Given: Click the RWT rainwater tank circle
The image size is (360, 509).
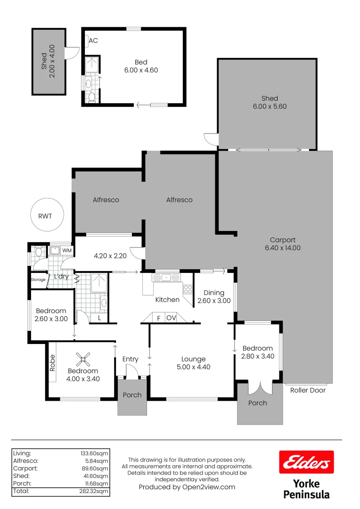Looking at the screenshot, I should [46, 215].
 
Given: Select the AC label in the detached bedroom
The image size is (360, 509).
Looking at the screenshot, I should [93, 41].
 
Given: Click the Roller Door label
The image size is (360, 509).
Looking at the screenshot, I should [308, 390].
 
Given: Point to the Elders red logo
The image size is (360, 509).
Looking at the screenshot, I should [306, 462].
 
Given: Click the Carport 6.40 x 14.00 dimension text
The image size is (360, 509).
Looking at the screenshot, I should [283, 244].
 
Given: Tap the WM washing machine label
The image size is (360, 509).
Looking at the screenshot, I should [66, 250].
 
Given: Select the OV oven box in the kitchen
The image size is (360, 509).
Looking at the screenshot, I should [171, 318].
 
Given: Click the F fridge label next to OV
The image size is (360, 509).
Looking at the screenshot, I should [159, 318].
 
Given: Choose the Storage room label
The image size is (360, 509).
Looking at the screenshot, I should [38, 279].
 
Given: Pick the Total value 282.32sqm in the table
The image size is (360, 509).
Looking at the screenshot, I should [95, 491].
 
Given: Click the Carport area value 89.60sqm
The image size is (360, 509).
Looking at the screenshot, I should [95, 468].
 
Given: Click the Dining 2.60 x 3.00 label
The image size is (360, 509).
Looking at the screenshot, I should [214, 296].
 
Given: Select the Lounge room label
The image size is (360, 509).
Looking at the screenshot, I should [193, 359].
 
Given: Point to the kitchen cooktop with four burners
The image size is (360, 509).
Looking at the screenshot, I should [187, 288].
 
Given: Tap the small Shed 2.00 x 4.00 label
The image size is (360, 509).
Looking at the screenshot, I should [48, 61].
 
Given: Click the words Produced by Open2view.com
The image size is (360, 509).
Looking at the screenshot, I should [187, 487].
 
